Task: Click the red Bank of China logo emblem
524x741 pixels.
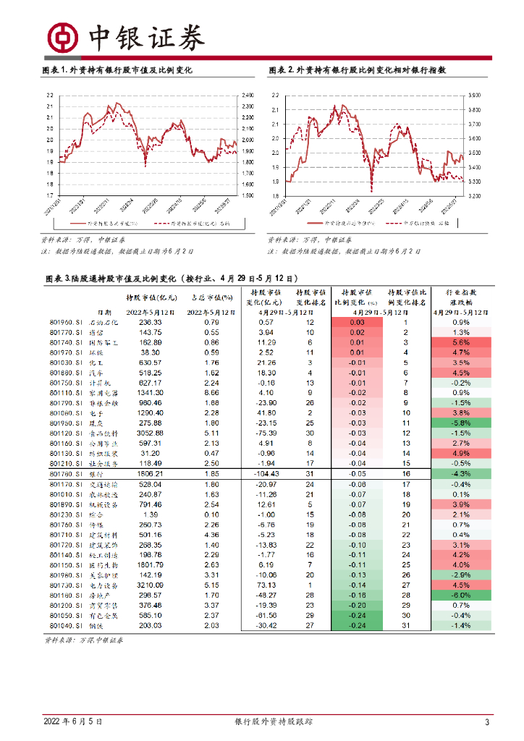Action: (62, 36)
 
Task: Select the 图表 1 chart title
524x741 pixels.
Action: (117, 71)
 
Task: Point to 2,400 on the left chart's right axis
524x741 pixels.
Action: (248, 95)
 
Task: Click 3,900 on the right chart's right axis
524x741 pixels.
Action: (475, 95)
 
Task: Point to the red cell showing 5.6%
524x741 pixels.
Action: (460, 342)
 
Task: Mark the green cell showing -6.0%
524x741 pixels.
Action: (460, 595)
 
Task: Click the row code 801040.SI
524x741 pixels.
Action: (64, 625)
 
